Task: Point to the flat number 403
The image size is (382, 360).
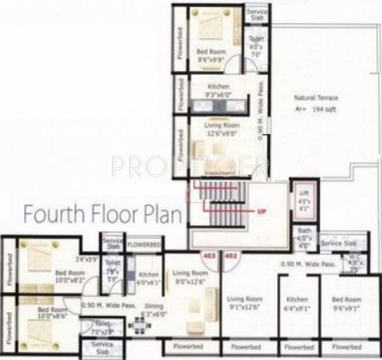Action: (x=209, y=256)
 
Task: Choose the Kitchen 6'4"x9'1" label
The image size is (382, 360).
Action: (x=297, y=303)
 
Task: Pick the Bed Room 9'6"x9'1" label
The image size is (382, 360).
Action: (x=346, y=303)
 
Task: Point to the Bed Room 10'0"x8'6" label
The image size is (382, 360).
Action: (x=52, y=311)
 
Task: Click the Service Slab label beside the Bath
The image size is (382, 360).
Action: (x=336, y=243)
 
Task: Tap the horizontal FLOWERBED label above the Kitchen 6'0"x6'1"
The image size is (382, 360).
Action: (x=144, y=244)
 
